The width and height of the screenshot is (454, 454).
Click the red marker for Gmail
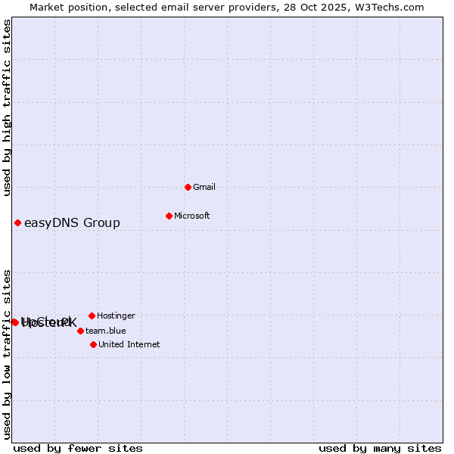[188, 187]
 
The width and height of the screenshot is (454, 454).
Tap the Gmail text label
[204, 187]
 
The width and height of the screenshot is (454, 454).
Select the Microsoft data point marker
[169, 216]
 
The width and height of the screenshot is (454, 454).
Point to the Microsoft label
[191, 216]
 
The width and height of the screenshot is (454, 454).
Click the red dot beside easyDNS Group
[17, 222]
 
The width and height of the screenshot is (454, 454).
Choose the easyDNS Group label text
[72, 222]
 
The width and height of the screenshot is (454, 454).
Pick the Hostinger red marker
[92, 316]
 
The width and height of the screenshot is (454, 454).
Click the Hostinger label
[116, 316]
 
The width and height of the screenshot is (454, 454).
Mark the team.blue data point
[80, 331]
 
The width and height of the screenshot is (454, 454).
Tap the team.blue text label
[105, 331]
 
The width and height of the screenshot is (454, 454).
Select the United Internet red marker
[93, 344]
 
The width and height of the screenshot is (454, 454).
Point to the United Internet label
[129, 344]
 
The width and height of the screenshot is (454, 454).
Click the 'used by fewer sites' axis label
[78, 448]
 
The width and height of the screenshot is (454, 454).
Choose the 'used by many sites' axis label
[380, 448]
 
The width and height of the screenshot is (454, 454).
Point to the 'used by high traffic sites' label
[7, 108]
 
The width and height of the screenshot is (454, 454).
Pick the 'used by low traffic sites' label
[7, 354]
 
